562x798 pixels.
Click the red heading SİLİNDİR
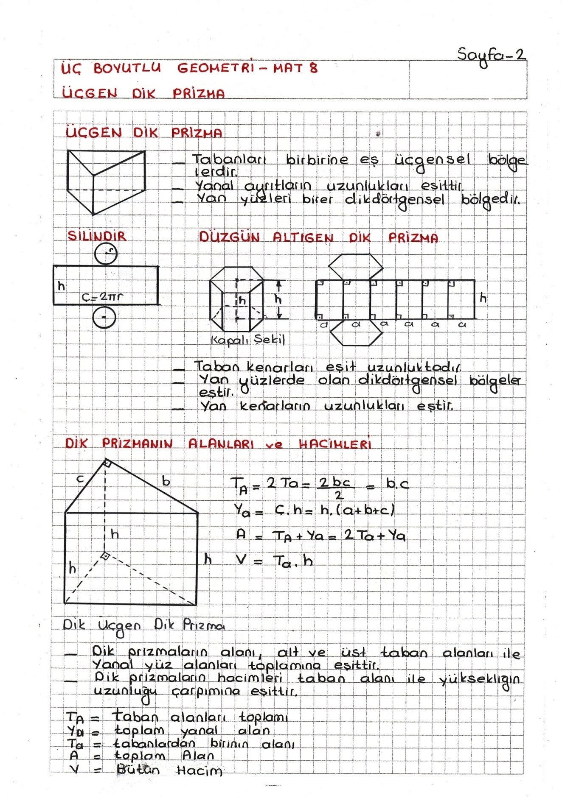97,236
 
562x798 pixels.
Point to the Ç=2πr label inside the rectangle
102,297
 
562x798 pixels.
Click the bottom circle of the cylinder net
104,318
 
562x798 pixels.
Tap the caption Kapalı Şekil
248,340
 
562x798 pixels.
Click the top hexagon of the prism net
356,267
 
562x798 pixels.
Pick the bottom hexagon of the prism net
356,333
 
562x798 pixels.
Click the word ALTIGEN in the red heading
303,238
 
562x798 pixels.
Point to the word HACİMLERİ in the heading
335,444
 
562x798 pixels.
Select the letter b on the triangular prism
166,481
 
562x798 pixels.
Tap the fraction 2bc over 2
336,488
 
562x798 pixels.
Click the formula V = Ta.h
275,561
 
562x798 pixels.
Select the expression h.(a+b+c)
357,510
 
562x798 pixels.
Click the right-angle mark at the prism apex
107,463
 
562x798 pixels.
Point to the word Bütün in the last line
138,770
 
